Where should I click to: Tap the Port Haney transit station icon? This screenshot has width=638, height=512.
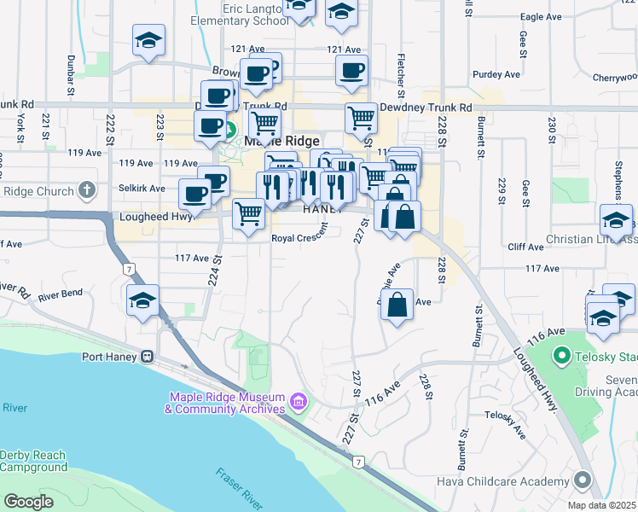[x=148, y=357]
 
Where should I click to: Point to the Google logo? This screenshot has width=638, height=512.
[x=28, y=502]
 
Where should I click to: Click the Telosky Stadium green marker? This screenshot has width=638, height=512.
[x=561, y=353]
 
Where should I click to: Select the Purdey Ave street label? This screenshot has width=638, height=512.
[x=500, y=75]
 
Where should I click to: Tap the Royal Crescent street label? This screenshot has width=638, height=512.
[x=299, y=239]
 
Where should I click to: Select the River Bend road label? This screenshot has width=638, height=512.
[x=60, y=294]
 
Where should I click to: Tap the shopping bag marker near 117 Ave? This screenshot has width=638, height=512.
[x=397, y=305]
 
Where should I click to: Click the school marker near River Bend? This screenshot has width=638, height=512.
[x=143, y=300]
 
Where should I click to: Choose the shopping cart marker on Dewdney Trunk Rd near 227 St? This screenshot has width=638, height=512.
[x=362, y=117]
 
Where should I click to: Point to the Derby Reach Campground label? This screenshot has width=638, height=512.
[x=34, y=461]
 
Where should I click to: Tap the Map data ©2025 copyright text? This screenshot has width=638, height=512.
[x=602, y=505]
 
